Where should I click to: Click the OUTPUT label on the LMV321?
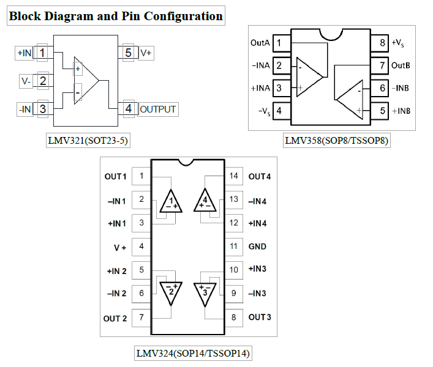158,109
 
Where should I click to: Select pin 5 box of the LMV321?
128,53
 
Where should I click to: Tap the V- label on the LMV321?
25,81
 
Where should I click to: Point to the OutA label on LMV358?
260,43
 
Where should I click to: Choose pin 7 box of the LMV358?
382,65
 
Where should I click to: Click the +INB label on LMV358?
401,111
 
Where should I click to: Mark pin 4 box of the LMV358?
279,111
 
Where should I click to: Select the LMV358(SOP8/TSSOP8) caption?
336,141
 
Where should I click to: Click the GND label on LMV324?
257,247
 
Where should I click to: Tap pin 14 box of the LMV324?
233,176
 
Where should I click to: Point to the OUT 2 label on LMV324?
115,318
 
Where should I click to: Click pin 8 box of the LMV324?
233,317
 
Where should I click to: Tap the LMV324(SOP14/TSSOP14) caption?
192,354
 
